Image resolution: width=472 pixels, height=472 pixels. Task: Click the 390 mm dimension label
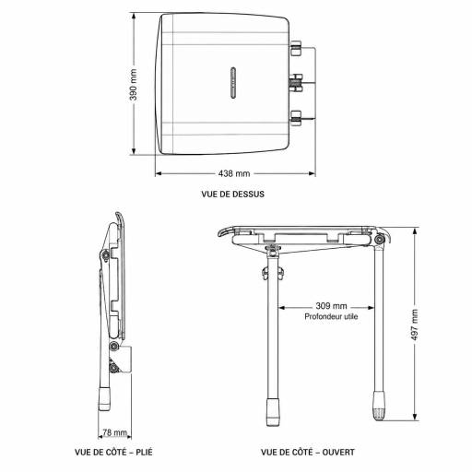134,85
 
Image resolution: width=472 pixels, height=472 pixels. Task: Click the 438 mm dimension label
234,173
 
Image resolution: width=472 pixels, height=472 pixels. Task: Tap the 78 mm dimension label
114,432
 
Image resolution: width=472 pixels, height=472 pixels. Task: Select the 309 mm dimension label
331,306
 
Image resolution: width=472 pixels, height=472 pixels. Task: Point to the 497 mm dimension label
415,324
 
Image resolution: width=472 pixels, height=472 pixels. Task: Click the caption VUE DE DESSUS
233,195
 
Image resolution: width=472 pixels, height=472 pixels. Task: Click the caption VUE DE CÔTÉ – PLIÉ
113,452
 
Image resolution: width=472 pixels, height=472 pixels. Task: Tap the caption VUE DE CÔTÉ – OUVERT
308,452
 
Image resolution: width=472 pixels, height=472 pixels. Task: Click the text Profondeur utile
331,316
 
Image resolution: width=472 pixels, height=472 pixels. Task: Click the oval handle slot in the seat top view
233,83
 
